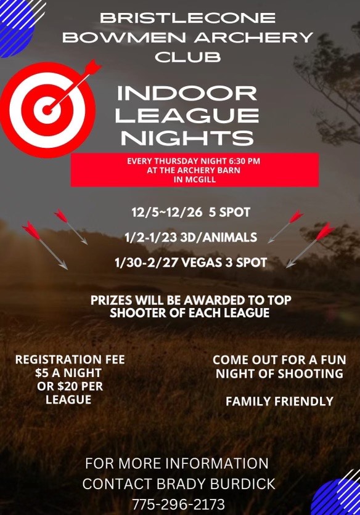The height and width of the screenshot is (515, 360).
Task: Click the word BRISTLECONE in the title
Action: coord(188,18)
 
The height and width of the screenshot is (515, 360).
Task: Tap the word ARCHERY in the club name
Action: coord(253,38)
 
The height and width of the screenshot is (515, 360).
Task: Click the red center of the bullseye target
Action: coord(47,110)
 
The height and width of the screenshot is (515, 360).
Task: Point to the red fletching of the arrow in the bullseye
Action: coord(92,67)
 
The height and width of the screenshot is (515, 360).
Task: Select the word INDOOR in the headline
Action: coord(187,93)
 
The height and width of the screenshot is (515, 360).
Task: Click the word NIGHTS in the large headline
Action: coord(187,138)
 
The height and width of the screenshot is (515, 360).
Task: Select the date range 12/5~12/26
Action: coord(166,212)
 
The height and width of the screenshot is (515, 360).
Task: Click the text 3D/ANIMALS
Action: coord(219,237)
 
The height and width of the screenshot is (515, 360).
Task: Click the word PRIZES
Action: coord(111,300)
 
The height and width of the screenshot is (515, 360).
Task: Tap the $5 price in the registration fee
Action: coord(41,373)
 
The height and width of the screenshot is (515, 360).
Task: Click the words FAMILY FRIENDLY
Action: coord(279,402)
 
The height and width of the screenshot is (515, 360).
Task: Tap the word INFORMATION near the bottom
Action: coord(218,463)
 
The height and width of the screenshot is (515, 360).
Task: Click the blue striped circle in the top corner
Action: coord(16,26)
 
